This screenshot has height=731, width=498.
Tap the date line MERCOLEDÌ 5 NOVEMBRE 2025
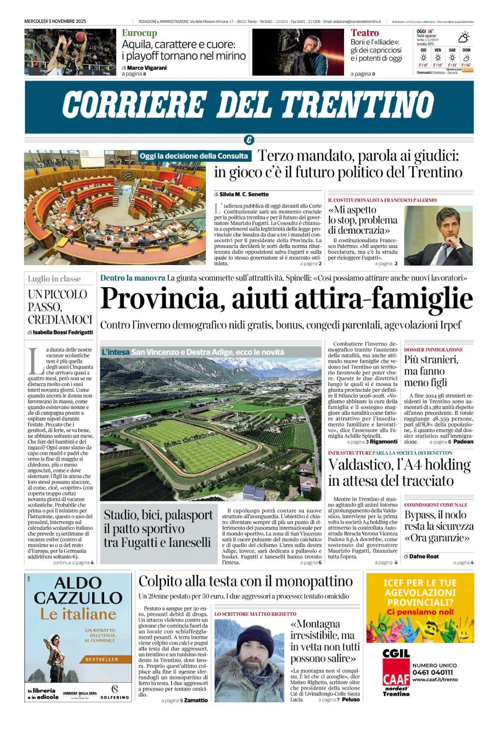[x=55, y=21]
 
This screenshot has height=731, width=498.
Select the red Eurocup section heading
[x=139, y=33]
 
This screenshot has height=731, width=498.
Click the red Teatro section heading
[x=365, y=33]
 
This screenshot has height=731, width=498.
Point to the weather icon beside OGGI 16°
[x=463, y=37]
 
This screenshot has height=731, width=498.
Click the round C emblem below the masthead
[x=249, y=140]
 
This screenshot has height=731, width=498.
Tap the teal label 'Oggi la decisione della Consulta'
[x=194, y=156]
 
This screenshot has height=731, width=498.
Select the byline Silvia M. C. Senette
[x=244, y=194]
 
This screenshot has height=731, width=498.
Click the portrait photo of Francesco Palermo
[x=438, y=235]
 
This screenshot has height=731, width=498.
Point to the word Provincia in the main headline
[x=163, y=299]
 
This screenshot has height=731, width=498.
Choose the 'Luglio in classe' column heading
[x=54, y=279]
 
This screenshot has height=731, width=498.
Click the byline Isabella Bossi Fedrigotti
[x=63, y=332]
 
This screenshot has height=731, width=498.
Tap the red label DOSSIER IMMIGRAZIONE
[x=433, y=350]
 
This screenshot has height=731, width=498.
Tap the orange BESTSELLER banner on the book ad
[x=102, y=659]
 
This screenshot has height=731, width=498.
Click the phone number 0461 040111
[x=432, y=673]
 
